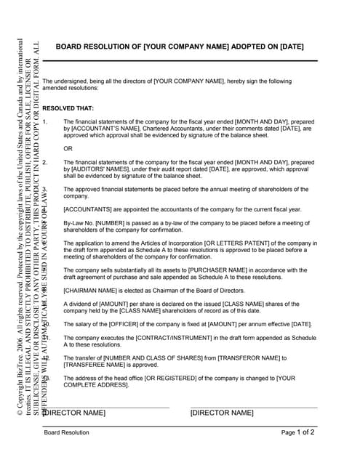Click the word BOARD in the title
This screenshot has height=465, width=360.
71,46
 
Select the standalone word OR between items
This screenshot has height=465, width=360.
68,149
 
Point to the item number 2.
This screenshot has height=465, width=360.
45,163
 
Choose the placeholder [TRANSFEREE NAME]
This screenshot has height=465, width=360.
97,365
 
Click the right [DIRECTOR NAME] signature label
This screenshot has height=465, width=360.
222,413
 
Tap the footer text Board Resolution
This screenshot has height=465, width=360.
66,432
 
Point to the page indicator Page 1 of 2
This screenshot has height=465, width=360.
298,432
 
